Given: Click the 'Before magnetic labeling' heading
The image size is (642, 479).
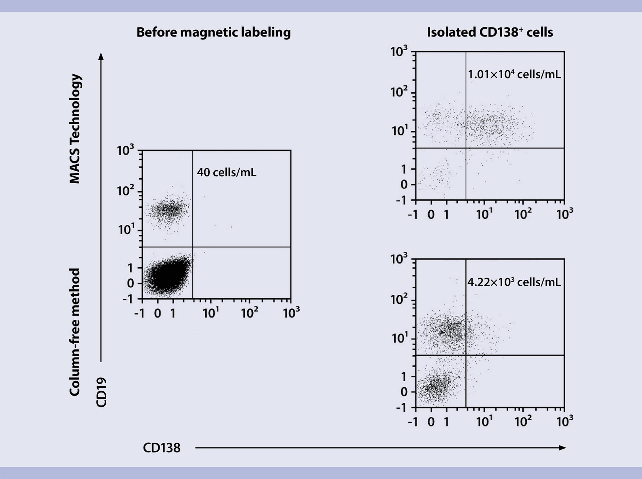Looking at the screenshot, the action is coord(214,32).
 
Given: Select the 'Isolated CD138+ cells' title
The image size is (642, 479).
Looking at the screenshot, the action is coord(490,32).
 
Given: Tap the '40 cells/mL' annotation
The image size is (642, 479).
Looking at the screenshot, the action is coord(227,172).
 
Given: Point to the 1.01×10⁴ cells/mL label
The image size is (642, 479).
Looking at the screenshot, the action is coord(514,74).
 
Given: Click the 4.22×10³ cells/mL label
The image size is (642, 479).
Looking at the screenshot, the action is coord(514,282).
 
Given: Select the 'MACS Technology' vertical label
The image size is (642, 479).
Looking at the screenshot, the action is coord(75,129).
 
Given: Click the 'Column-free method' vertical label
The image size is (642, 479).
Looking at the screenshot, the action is coord(75,332).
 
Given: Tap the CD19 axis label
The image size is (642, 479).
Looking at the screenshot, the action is coord(101,392).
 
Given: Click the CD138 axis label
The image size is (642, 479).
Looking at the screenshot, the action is coord(162,448).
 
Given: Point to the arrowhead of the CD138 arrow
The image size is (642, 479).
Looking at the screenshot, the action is coord(563,448).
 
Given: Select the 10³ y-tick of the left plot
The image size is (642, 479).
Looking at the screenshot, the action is coord(125,151).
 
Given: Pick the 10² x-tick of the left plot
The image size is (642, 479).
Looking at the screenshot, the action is coord(249,313).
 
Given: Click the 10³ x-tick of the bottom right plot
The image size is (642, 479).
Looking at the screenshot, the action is coord(565,421).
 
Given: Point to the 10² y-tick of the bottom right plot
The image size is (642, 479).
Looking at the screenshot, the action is coord(399,299).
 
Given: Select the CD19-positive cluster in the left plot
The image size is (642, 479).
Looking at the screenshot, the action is coord(169,210).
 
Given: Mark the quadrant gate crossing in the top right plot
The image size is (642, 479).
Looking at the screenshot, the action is coord(466,148).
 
